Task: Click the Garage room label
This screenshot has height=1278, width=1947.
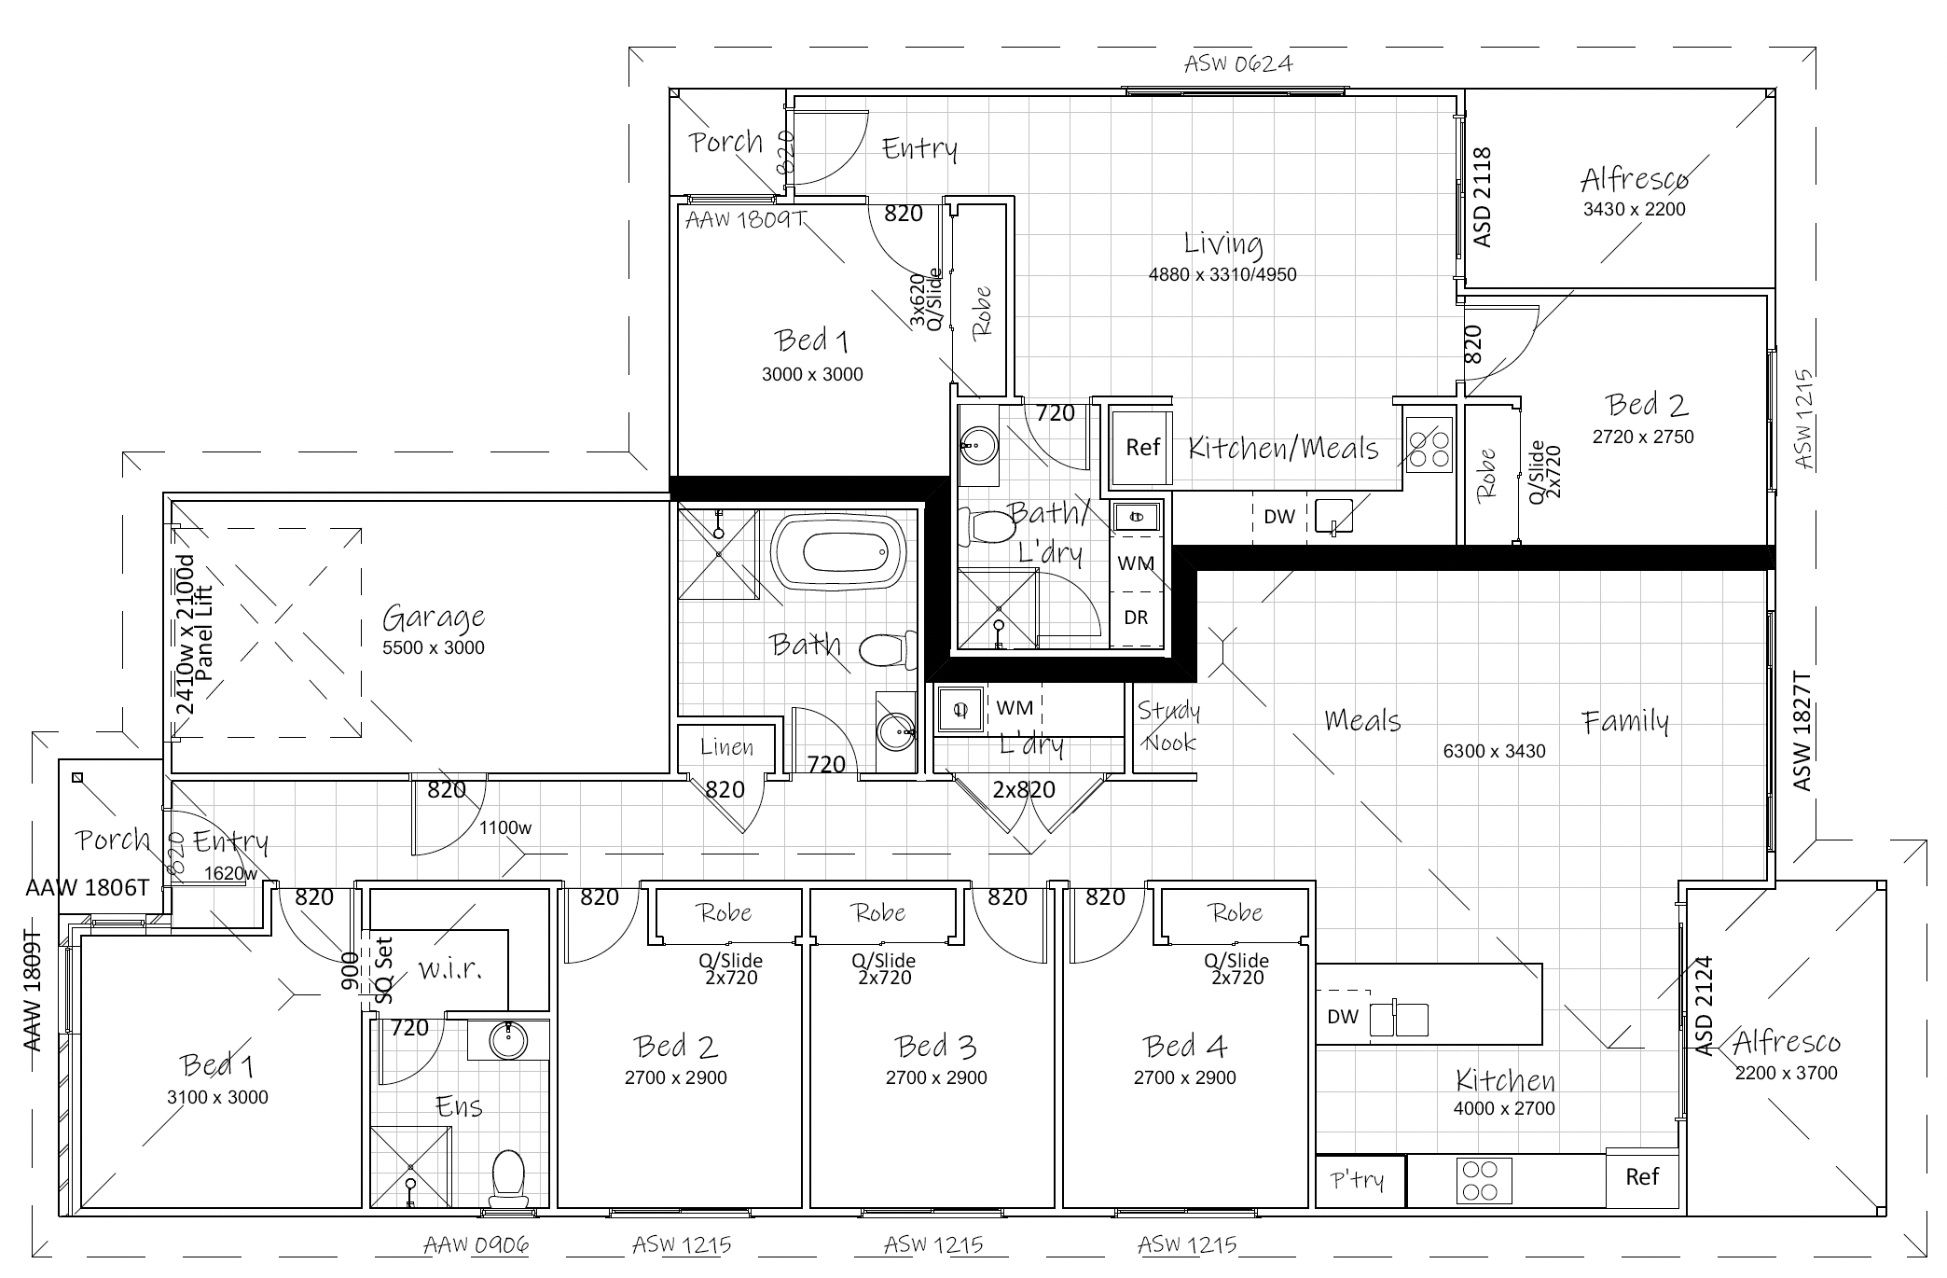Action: coord(434,618)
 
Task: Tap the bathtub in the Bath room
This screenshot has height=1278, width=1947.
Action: coord(838,554)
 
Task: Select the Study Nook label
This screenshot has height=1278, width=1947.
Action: coord(1169,726)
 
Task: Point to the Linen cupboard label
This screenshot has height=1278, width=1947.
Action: coord(726,746)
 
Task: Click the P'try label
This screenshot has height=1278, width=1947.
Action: coord(1357,1180)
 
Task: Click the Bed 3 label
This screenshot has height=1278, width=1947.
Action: coord(935,1047)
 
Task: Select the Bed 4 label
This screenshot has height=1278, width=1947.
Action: coord(1184,1047)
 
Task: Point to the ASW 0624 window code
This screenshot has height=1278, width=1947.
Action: coord(1238,63)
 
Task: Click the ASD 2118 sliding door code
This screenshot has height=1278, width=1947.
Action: coord(1482,197)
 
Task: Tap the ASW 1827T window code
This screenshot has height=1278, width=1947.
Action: coord(1802,731)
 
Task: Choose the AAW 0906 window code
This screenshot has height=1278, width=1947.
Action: coord(476,1244)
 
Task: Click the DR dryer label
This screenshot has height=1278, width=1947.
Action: coord(1136,618)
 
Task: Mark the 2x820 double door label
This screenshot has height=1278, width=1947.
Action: coord(1024,790)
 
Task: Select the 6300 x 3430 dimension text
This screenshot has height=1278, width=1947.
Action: coord(1494,751)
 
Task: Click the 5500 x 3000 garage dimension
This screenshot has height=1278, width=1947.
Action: coord(434,647)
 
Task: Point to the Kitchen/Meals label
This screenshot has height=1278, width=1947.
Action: coord(1283,449)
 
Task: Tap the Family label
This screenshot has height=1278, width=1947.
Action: coord(1625,721)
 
